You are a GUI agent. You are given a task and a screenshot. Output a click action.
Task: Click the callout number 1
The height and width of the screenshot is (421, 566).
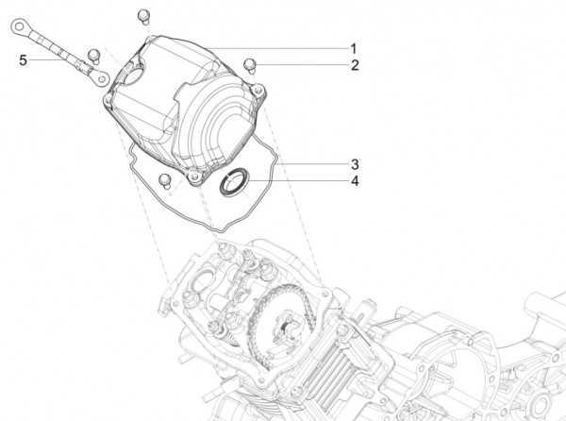pos(354,47)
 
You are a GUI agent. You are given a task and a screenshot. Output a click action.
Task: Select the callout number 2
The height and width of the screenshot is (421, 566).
pos(354,65)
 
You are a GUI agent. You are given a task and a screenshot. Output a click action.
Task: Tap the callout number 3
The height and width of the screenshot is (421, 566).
pos(354,162)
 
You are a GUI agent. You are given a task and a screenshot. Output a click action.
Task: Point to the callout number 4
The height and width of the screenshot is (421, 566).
pos(354,181)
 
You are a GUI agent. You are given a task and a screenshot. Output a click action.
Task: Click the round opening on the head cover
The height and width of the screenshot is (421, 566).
pos(135,68)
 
